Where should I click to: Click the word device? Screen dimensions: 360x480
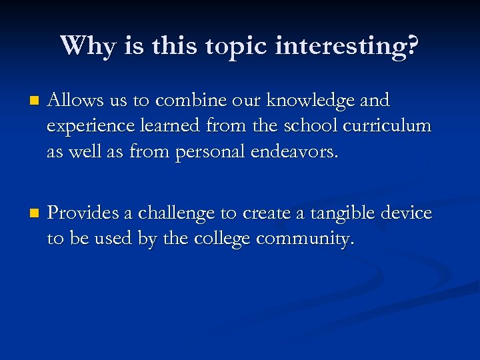click(406, 213)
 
